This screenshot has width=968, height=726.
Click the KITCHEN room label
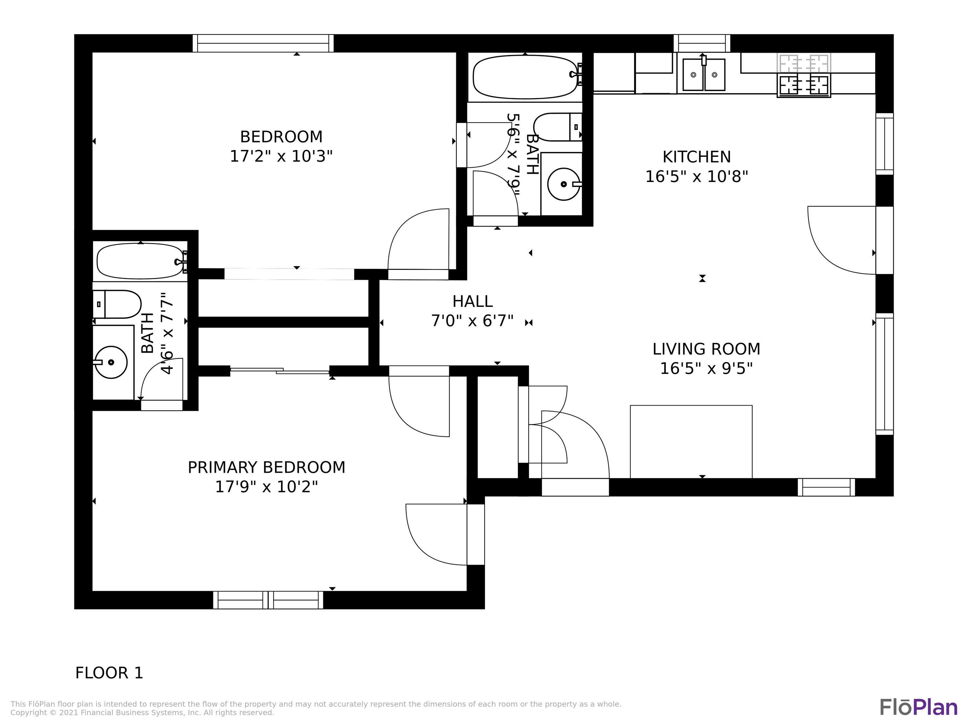(696, 157)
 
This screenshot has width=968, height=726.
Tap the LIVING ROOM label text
(706, 349)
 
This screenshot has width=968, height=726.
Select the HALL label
(472, 301)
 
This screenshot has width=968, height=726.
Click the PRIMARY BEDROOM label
(266, 467)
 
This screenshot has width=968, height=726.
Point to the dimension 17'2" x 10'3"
(281, 156)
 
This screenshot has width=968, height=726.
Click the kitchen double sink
(704, 75)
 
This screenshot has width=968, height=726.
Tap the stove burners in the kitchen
(804, 85)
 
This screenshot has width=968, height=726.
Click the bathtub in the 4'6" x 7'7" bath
(140, 261)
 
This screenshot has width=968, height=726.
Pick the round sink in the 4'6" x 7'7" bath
(111, 362)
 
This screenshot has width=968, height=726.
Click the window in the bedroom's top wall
(263, 43)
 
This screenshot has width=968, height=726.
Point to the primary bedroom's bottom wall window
(268, 600)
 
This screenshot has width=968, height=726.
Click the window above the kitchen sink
(701, 43)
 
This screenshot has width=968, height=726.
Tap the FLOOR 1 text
(109, 673)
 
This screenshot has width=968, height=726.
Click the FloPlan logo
(918, 707)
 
